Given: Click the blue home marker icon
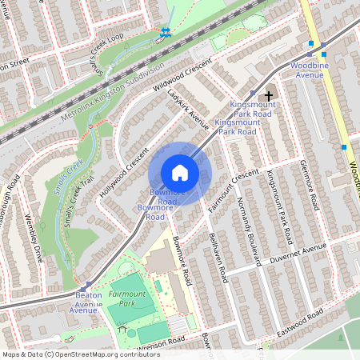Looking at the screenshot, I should point(180,172).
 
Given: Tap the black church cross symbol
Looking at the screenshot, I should point(269,96).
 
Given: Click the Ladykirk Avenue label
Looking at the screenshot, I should point(187,108).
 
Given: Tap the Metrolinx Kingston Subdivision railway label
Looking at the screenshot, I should point(112,90).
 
